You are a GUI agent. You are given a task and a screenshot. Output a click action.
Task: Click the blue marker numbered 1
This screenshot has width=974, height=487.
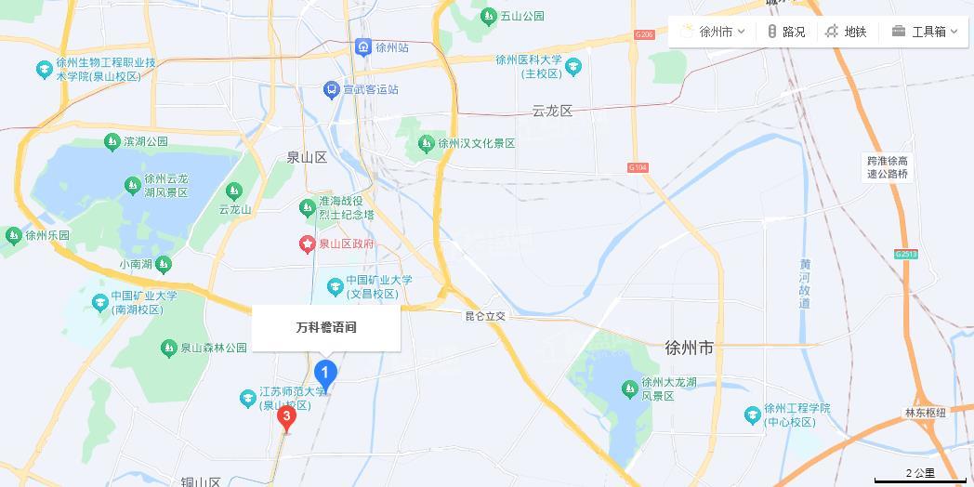click(x=324, y=375)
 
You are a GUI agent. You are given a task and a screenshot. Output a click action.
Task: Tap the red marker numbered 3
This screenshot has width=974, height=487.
click(x=286, y=417)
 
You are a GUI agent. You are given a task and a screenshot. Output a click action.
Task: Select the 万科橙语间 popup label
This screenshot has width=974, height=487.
click(x=326, y=328)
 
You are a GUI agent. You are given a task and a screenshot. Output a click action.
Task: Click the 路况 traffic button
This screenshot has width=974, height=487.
click(x=786, y=32)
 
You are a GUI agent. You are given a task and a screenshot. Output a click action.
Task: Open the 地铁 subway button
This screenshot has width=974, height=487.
click(x=846, y=32)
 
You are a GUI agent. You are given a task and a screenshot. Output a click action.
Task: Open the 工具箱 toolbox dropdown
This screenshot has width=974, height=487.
click(x=924, y=32)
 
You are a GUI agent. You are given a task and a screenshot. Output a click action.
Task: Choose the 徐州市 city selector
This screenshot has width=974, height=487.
click(x=712, y=32)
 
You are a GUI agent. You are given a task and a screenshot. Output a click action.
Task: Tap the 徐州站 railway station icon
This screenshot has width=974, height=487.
click(x=363, y=46)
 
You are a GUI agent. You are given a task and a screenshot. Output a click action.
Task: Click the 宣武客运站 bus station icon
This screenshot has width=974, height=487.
click(x=331, y=89)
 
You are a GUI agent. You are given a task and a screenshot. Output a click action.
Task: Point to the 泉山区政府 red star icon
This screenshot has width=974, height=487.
click(x=308, y=244)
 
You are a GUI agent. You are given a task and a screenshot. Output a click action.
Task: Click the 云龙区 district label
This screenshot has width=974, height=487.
click(x=552, y=111)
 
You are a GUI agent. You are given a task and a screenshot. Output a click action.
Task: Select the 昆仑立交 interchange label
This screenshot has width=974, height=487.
click(x=485, y=316)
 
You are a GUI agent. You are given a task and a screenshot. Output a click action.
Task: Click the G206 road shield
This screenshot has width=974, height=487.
click(x=644, y=35)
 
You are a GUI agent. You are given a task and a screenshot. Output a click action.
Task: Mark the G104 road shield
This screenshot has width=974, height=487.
click(x=637, y=168)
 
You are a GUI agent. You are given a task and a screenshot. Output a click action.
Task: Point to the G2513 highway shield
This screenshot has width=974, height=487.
click(x=905, y=254)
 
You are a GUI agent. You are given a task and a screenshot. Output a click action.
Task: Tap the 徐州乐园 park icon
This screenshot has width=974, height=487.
click(x=13, y=235)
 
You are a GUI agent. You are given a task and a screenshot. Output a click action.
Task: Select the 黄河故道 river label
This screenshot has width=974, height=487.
click(x=805, y=283)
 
